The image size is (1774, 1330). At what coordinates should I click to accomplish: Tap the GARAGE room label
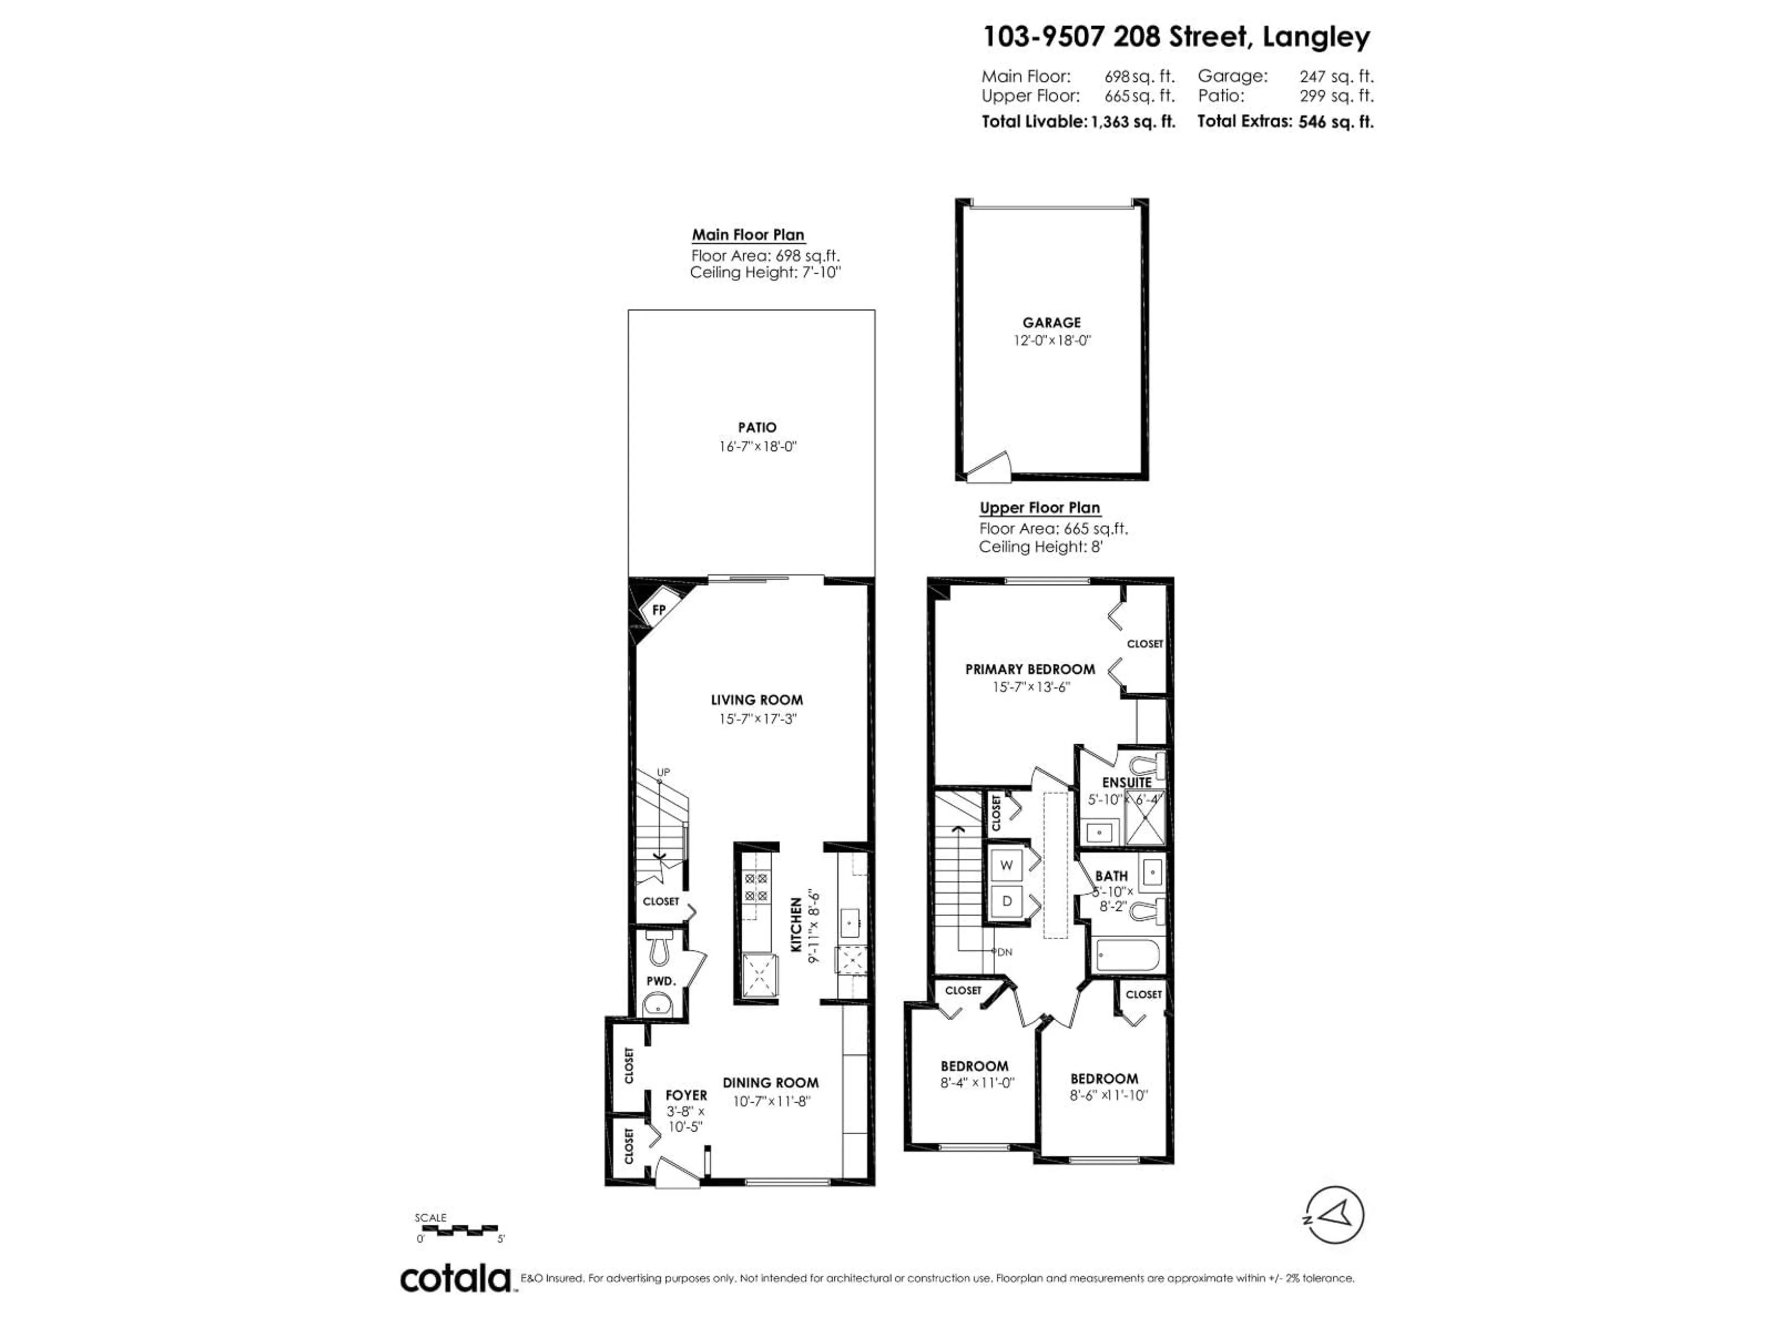1051,322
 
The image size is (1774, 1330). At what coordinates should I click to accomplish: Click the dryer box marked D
1007,901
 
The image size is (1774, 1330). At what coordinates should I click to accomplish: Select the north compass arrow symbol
1335,1215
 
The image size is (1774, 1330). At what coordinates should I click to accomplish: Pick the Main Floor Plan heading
747,235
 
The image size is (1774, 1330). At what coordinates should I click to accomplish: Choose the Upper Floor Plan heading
1039,508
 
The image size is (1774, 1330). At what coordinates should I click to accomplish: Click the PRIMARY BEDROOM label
1030,669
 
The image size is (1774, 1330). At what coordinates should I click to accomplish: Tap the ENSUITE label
1127,782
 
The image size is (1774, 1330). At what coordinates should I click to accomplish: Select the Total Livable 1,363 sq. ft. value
1132,122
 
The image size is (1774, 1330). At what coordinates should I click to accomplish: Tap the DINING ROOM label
771,1082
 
